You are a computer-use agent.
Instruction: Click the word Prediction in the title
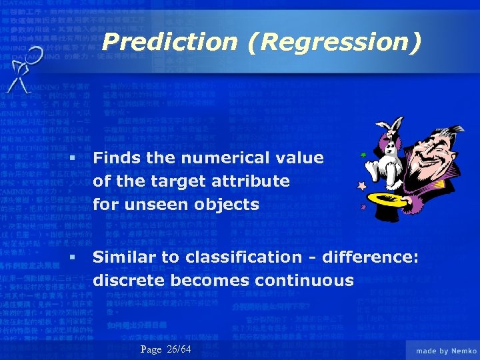[x=171, y=42]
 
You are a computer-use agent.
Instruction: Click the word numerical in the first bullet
[x=219, y=158]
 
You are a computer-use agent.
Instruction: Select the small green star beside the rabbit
[x=363, y=155]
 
